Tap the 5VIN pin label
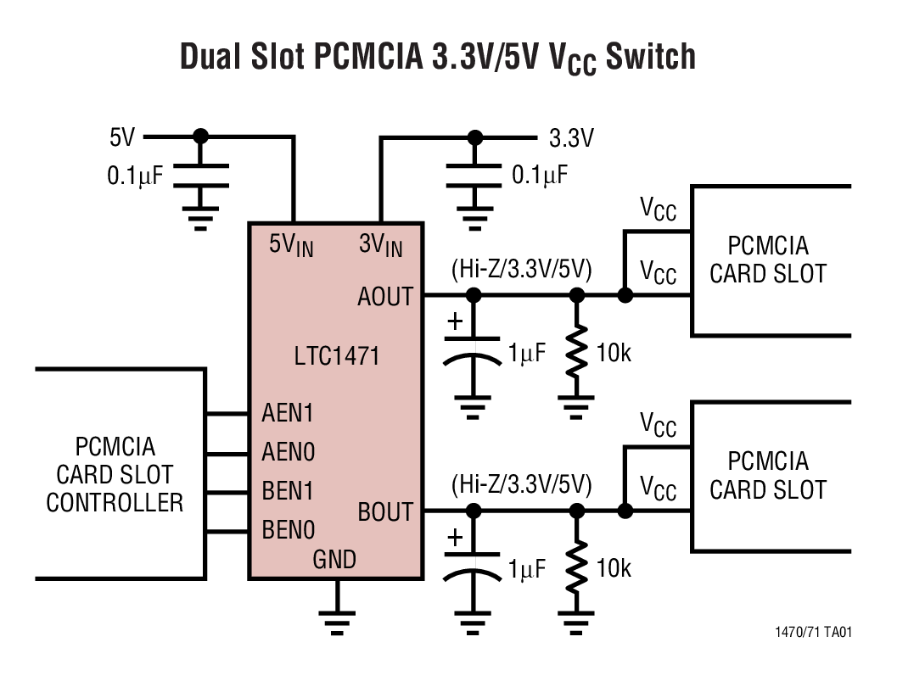click(x=290, y=245)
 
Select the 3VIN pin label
click(x=380, y=245)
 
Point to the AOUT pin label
click(x=384, y=296)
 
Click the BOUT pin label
click(x=384, y=511)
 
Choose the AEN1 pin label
click(x=288, y=413)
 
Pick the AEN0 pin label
click(x=288, y=452)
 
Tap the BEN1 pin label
click(x=288, y=491)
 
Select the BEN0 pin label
click(x=288, y=531)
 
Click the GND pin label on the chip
click(x=334, y=559)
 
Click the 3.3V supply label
click(x=571, y=137)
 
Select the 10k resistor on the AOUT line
click(x=577, y=352)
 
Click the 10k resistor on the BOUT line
click(x=577, y=567)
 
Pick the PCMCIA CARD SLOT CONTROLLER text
click(x=115, y=474)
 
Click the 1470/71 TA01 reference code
click(x=813, y=633)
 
